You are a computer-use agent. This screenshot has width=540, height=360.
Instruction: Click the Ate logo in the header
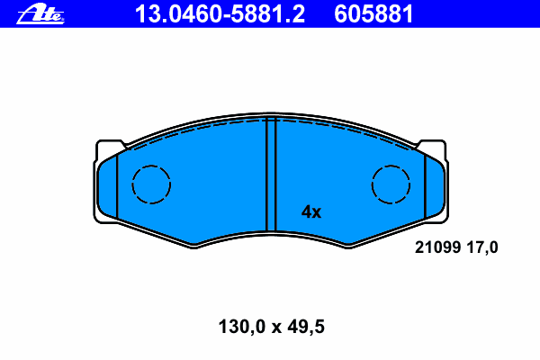point(40,14)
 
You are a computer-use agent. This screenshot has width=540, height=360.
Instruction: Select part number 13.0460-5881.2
point(220,14)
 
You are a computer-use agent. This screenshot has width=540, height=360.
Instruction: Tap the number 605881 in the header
point(373,14)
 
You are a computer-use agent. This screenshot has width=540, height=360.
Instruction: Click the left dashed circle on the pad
point(151,184)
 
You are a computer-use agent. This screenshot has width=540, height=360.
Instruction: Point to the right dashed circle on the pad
point(391,184)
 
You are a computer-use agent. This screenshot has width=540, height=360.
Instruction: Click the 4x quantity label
point(311,211)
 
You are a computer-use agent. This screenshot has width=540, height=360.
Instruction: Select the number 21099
point(437,247)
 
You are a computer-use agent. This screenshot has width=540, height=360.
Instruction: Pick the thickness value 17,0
point(482,247)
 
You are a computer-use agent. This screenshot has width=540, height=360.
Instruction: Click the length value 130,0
point(242,327)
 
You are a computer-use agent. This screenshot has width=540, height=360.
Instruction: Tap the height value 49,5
point(306,327)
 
